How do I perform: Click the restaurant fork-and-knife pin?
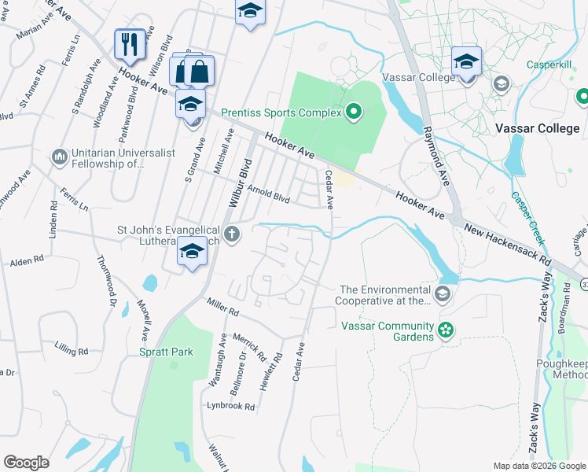[x=129, y=44]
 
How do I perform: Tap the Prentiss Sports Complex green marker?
[x=353, y=112]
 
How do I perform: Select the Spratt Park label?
[x=167, y=352]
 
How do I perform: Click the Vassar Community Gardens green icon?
[x=446, y=330]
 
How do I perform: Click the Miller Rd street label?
[x=222, y=306]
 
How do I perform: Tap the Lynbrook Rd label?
[x=230, y=407]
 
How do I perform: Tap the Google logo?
[x=26, y=463]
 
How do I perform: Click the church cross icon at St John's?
[x=231, y=234]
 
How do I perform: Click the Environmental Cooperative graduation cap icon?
[x=443, y=295]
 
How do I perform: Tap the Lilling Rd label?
[x=72, y=347]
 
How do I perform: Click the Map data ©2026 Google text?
[x=538, y=466]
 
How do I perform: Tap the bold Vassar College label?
[x=537, y=128]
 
